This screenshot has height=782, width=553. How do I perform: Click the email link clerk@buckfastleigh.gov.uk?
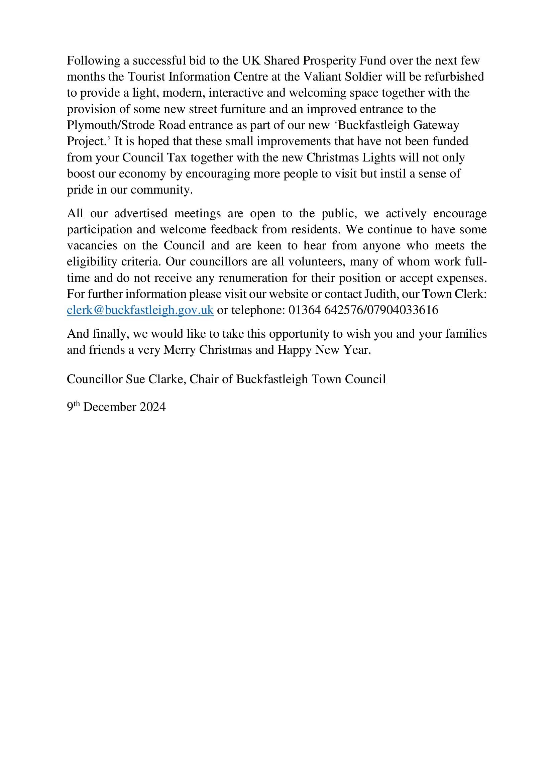(140, 310)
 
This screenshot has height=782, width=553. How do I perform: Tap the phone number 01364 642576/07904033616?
(363, 310)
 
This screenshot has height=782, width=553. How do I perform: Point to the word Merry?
(180, 350)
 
